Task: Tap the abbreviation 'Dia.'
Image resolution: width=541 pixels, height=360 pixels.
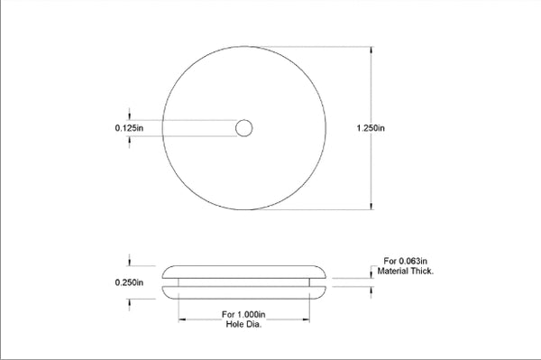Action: click(x=254, y=324)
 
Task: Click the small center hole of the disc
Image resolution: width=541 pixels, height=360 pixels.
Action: click(x=243, y=129)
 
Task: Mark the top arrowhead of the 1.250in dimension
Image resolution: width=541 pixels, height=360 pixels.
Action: click(x=373, y=51)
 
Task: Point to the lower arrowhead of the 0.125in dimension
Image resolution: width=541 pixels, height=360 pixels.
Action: click(x=132, y=140)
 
